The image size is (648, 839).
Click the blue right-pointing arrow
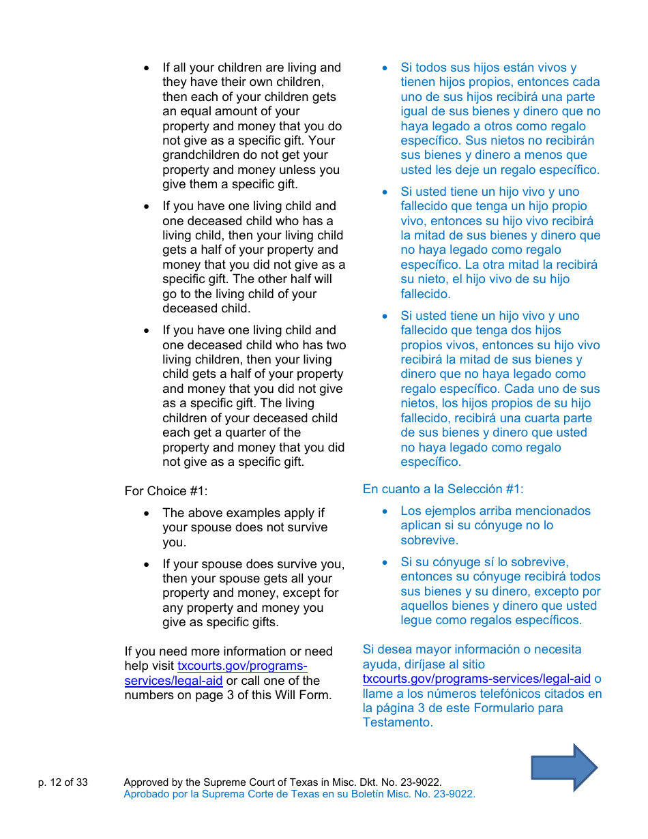564,767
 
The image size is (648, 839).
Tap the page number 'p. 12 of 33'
63,782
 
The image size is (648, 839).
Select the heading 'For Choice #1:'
166,491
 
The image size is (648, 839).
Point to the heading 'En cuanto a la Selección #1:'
443,489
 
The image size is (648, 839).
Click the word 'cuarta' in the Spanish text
539,418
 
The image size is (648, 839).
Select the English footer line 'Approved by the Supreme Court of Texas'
282,782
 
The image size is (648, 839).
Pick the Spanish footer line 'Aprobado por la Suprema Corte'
299,794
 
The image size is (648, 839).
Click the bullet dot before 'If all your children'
147,68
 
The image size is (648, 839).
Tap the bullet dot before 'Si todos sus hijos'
385,68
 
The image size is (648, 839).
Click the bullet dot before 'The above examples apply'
147,513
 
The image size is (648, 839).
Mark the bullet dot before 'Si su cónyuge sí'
385,562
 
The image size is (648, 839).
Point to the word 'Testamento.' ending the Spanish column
398,722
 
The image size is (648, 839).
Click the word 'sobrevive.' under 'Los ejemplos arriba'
429,540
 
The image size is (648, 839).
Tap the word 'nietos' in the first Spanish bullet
505,141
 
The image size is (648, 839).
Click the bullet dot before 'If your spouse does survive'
147,564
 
